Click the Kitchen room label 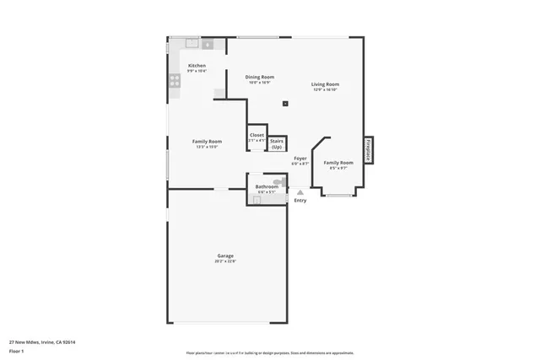pyautogui.click(x=197, y=66)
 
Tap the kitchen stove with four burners pyautogui.click(x=175, y=81)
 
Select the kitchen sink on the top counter pyautogui.click(x=192, y=42)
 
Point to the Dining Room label pyautogui.click(x=259, y=77)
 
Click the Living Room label pyautogui.click(x=325, y=84)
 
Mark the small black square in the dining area pyautogui.click(x=285, y=104)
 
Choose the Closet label pyautogui.click(x=256, y=135)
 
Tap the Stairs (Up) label pyautogui.click(x=277, y=144)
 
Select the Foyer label pyautogui.click(x=300, y=159)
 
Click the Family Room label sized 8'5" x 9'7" pyautogui.click(x=337, y=162)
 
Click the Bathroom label pyautogui.click(x=267, y=186)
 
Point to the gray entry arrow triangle pyautogui.click(x=300, y=192)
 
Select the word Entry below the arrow pyautogui.click(x=300, y=201)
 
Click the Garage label pyautogui.click(x=225, y=255)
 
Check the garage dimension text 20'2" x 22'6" pyautogui.click(x=225, y=261)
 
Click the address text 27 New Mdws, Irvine pyautogui.click(x=42, y=342)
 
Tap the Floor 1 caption pyautogui.click(x=16, y=351)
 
